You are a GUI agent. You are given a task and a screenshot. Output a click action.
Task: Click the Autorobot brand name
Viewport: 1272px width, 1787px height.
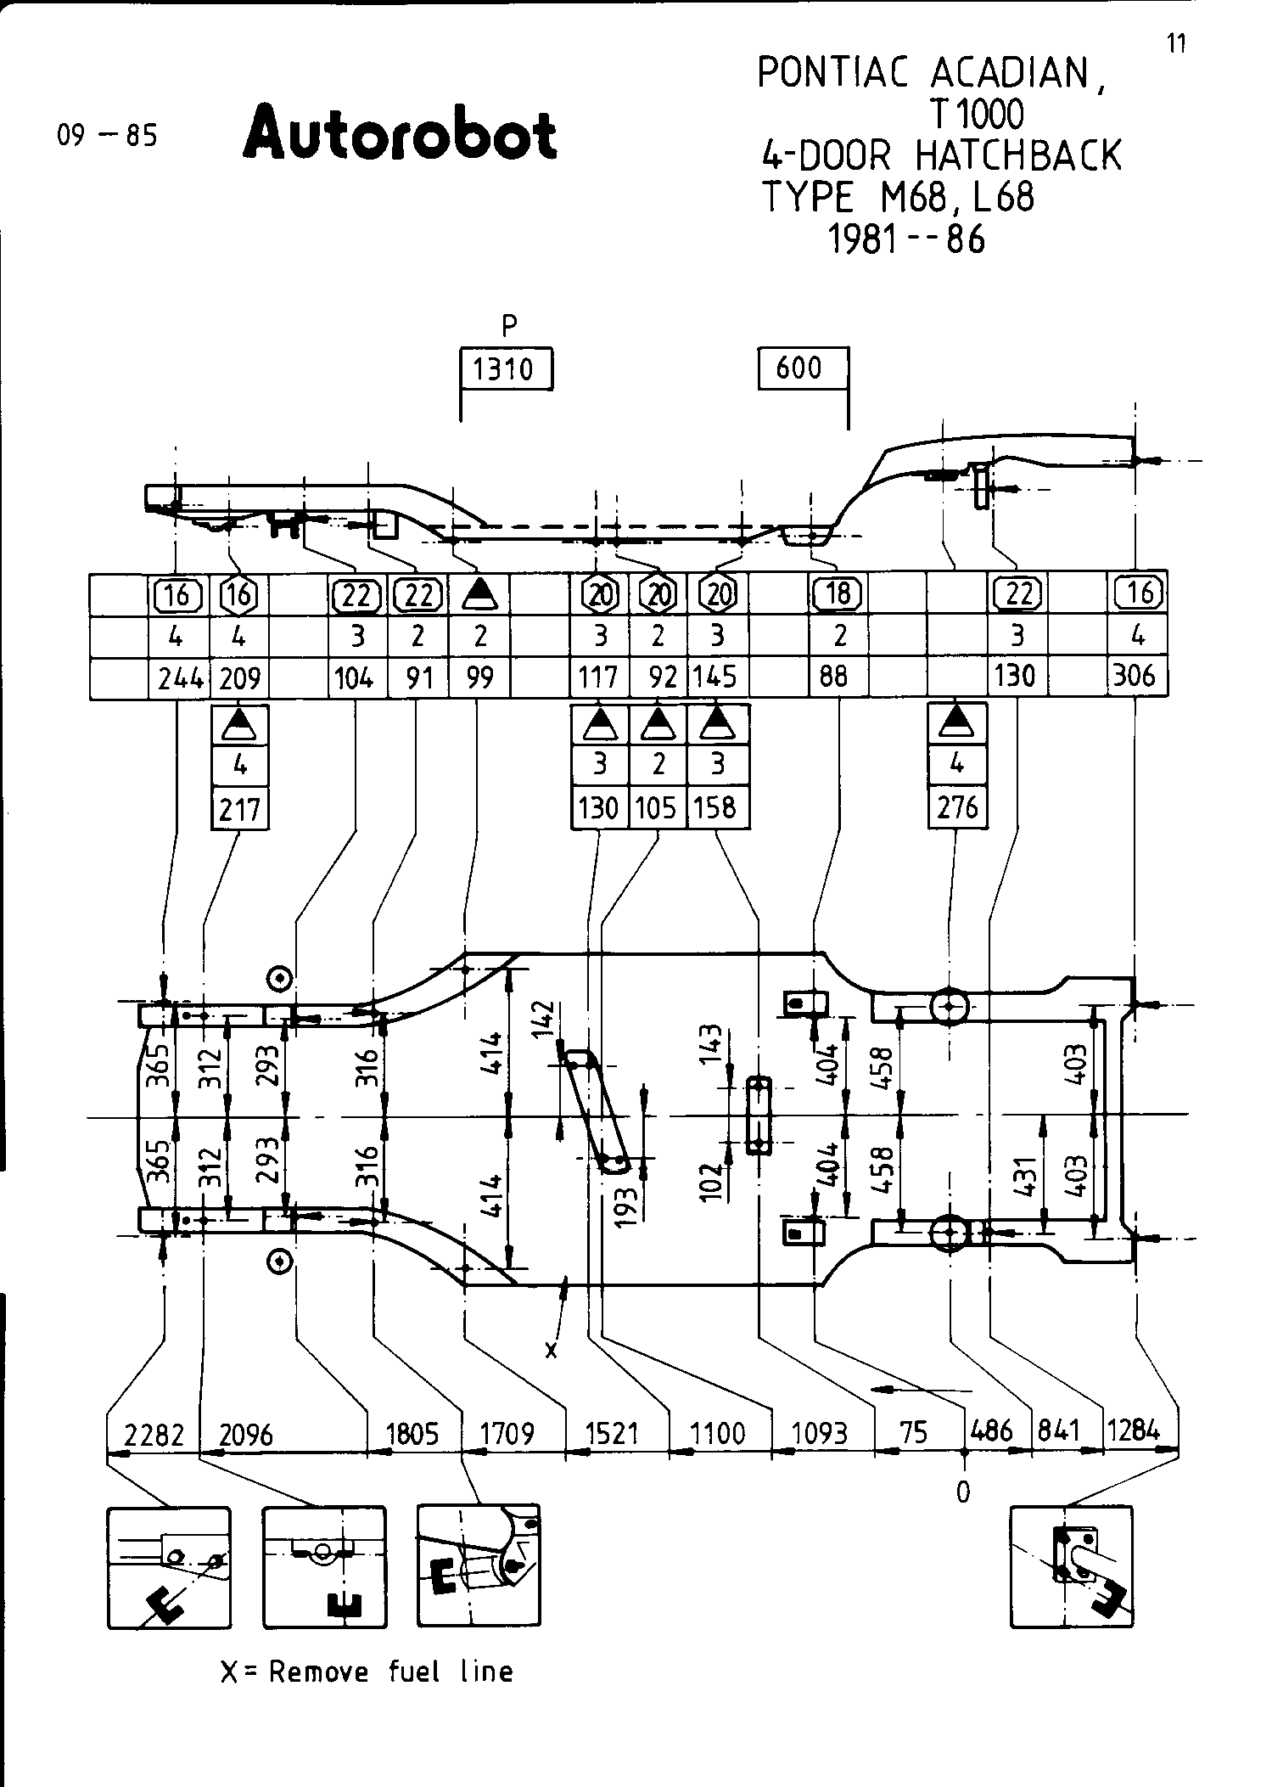point(400,134)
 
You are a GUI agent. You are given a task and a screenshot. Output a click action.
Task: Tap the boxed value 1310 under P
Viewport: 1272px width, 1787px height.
point(505,369)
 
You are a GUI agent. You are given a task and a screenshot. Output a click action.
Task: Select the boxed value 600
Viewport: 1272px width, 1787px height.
point(799,368)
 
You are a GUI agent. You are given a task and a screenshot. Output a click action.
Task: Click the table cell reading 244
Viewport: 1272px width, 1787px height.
point(179,678)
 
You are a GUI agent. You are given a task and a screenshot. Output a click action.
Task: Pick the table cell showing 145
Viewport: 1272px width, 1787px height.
point(715,677)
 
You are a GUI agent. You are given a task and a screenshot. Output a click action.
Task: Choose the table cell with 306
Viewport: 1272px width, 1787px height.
point(1136,676)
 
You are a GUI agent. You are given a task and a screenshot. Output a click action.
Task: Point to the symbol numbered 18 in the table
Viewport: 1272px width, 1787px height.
point(838,593)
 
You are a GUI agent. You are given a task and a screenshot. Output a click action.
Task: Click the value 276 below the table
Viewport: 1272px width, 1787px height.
point(957,806)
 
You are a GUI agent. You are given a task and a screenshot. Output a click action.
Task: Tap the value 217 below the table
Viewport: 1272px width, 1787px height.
point(239,809)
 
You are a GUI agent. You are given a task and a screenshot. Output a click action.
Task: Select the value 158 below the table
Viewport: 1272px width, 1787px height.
point(715,806)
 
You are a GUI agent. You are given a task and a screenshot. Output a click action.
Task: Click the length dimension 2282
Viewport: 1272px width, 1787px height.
point(154,1434)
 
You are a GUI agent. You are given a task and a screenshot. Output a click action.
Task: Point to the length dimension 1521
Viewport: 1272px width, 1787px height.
point(612,1434)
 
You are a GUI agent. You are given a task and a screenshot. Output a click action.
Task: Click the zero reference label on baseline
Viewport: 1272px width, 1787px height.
point(962,1492)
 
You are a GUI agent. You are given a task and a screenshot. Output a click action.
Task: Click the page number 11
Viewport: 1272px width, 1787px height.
point(1176,43)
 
